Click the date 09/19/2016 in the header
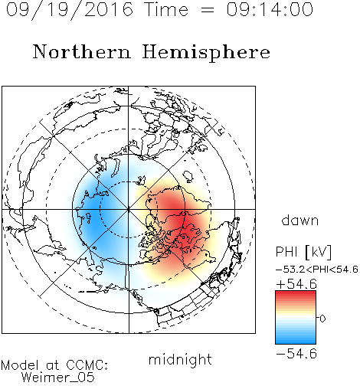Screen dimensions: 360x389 70,10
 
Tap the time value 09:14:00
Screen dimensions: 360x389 270,9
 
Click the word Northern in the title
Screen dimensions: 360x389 82,51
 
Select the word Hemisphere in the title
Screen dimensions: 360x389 206,53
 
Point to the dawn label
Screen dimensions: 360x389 300,220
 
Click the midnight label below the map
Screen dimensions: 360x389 180,360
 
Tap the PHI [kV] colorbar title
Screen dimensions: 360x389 303,252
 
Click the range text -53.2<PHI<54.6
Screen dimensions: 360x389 317,270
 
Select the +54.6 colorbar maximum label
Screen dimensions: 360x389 296,284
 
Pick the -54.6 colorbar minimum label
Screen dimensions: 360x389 296,354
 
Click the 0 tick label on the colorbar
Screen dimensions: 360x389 322,319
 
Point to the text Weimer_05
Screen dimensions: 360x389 58,378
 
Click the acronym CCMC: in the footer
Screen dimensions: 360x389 87,365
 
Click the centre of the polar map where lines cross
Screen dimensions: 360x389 129,209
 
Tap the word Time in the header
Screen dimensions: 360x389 166,9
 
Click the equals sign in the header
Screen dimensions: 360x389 208,10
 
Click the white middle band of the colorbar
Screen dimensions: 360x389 296,318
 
